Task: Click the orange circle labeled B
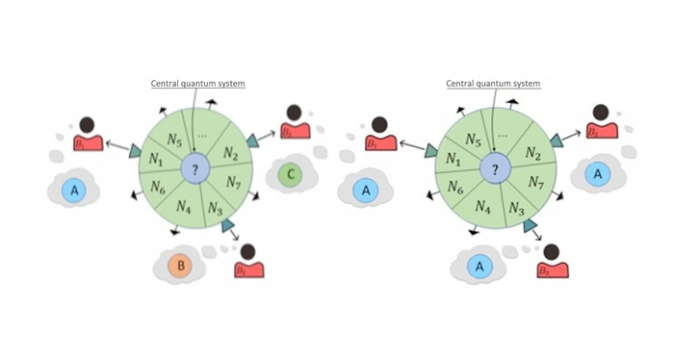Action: [x=178, y=265]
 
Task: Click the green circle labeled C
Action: [x=291, y=175]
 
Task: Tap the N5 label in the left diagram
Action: [x=174, y=139]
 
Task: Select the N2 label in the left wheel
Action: [x=231, y=154]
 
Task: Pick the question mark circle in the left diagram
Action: [x=194, y=170]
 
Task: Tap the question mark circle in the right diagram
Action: [x=495, y=170]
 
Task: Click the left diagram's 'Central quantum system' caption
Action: [x=197, y=84]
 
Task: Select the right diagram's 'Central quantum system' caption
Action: [x=493, y=84]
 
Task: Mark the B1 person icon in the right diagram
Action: [x=377, y=136]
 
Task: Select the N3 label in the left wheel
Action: [x=215, y=209]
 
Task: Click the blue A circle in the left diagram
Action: [x=73, y=191]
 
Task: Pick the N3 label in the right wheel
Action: [x=515, y=209]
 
